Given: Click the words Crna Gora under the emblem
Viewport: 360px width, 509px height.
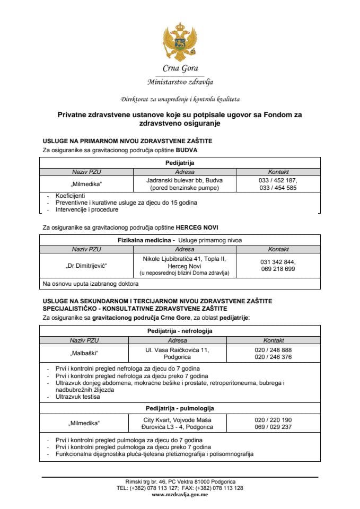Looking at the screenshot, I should pyautogui.click(x=180, y=69).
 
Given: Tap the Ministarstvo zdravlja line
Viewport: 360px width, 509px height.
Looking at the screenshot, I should pyautogui.click(x=180, y=82).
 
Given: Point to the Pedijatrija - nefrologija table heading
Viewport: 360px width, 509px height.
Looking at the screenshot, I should pyautogui.click(x=180, y=331).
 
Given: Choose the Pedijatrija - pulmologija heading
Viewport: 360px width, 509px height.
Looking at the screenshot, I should pyautogui.click(x=180, y=408).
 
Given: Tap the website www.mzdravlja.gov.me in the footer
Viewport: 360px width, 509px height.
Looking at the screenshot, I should pyautogui.click(x=180, y=494).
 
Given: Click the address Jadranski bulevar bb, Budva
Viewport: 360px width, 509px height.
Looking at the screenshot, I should pyautogui.click(x=185, y=180).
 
